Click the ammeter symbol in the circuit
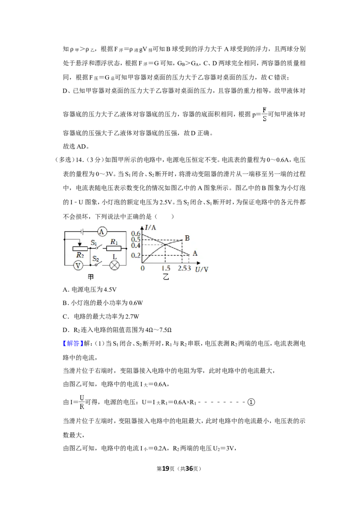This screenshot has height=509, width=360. tap(102, 232)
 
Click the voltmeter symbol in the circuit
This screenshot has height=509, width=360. tap(78, 266)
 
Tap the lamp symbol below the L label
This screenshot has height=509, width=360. tap(114, 266)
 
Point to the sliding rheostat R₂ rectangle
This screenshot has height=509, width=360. tap(80, 249)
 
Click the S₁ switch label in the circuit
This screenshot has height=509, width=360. tap(94, 242)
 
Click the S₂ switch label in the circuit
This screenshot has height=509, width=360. tap(95, 259)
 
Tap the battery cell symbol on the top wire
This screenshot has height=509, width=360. tap(83, 232)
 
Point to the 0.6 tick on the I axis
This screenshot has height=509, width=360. tap(136, 233)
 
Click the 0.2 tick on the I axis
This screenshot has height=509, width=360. tap(136, 255)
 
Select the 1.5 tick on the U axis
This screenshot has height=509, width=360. tap(166, 268)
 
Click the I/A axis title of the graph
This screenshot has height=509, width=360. tap(150, 228)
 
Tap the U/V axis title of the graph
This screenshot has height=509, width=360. tap(202, 269)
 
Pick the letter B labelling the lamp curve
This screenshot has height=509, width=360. tap(187, 238)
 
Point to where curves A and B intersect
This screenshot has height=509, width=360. tap(166, 245)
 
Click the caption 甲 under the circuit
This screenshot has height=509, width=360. tap(90, 277)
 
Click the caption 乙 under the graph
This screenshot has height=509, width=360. tap(166, 277)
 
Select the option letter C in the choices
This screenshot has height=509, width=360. tap(65, 317)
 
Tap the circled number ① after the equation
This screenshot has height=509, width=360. tap(251, 402)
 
